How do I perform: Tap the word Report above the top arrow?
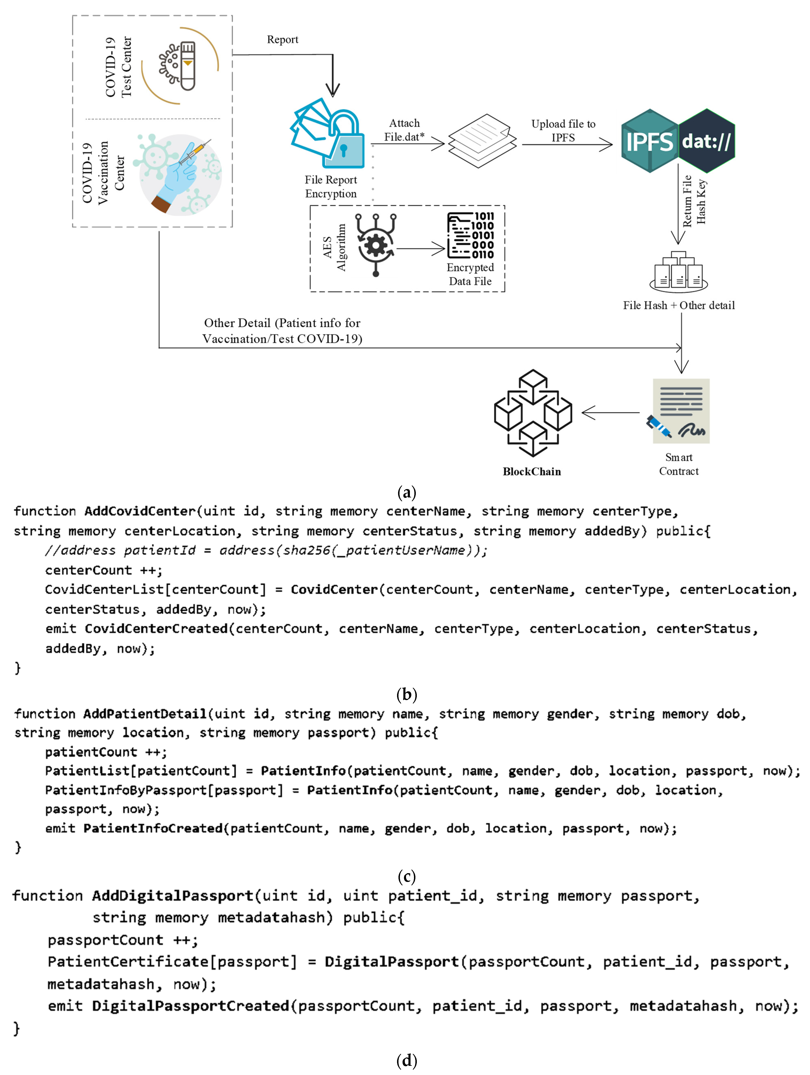coord(282,39)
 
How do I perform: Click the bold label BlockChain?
coord(532,471)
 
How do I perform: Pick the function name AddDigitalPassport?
coord(172,896)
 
